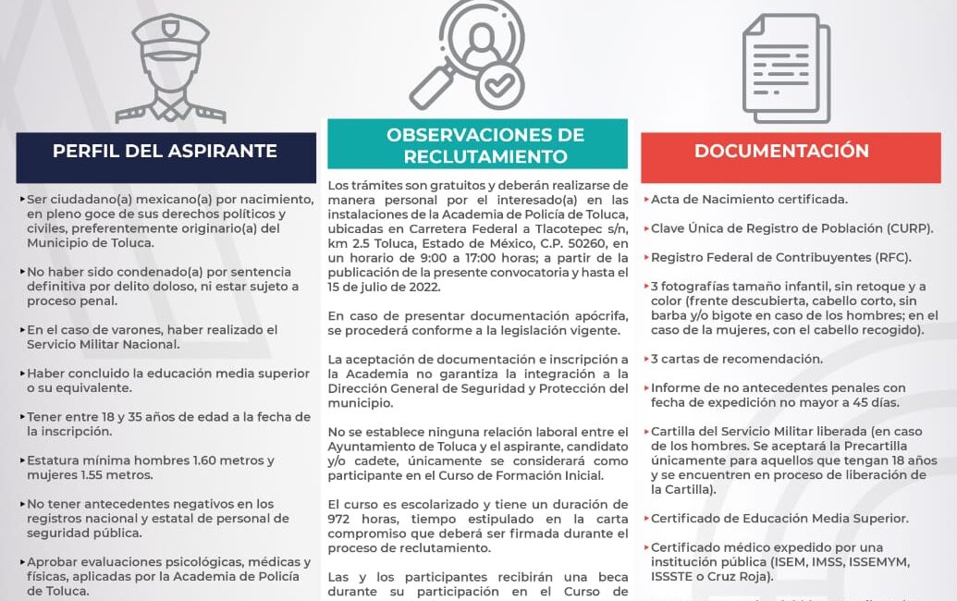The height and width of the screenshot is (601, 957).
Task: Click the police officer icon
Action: pos(169,68)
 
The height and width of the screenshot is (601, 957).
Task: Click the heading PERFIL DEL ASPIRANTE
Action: pos(165,151)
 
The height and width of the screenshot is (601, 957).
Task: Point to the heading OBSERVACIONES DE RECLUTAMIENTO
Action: pos(485,146)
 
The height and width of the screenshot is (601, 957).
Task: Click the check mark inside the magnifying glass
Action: pos(498,86)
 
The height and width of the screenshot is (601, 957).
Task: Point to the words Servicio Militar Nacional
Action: pos(103,344)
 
